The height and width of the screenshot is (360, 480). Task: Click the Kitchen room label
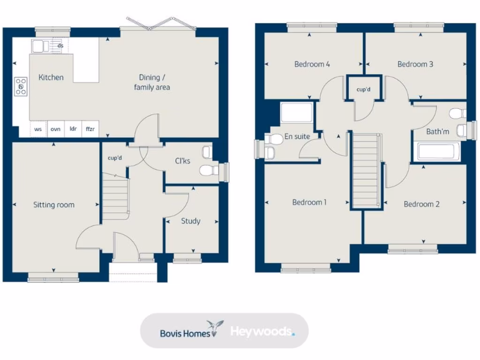coord(51,77)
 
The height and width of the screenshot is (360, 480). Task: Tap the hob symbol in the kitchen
coord(21,86)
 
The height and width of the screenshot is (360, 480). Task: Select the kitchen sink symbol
coord(40,46)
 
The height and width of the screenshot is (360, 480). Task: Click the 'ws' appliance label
coord(38,129)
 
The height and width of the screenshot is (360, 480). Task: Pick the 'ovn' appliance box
coord(55,129)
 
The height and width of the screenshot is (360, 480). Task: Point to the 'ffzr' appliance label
coord(90,129)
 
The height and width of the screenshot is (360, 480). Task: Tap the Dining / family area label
coord(152,82)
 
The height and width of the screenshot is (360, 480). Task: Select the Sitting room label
coord(53,205)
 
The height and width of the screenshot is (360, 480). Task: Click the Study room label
coord(191,221)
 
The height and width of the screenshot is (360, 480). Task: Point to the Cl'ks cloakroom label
coord(183,161)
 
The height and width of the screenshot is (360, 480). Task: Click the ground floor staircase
coord(115,197)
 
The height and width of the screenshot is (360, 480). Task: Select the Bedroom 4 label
coord(312,64)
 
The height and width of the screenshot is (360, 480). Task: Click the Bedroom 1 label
coord(309,202)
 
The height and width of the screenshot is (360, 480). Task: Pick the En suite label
coord(297,137)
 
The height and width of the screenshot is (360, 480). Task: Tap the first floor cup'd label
coord(363,89)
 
